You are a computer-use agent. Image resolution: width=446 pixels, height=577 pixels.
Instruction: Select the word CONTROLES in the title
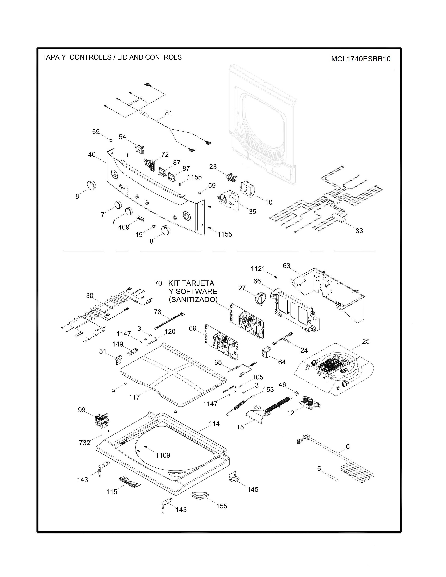point(90,57)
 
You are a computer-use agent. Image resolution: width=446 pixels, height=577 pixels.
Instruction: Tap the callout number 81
point(169,113)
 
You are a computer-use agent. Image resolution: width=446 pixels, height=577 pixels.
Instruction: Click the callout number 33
point(359,231)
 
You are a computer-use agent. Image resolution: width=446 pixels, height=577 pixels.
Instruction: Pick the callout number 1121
point(258,269)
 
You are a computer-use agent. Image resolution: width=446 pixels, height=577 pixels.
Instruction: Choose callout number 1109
point(163,455)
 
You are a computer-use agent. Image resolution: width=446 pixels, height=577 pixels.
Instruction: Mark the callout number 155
point(222,506)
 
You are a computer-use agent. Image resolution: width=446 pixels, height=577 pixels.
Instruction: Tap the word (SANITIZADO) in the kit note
point(193,300)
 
